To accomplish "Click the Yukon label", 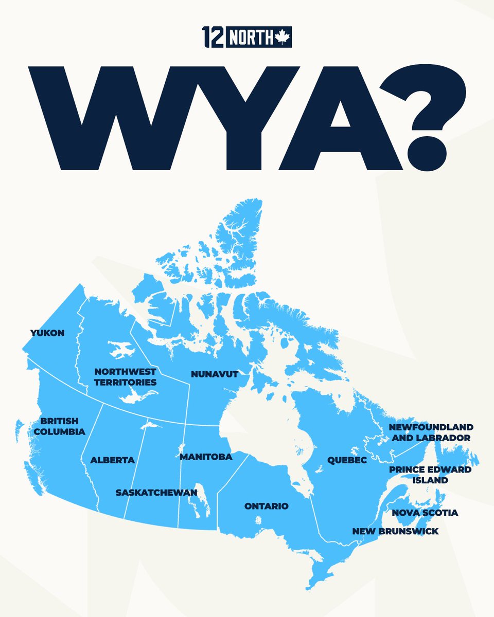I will pos(47,333).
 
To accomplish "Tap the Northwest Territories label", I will pos(125,377).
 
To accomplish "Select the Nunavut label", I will pos(215,374).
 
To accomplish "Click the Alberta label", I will pos(112,460).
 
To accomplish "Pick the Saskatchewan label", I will pos(156,493).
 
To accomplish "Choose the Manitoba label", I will pos(206,457).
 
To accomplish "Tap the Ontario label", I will pos(266,506).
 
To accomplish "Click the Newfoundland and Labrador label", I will pos(431,432).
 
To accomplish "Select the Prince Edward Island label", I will pos(430,475).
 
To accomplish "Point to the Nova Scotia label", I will pos(425,513).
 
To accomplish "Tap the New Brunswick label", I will pos(395,531).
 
